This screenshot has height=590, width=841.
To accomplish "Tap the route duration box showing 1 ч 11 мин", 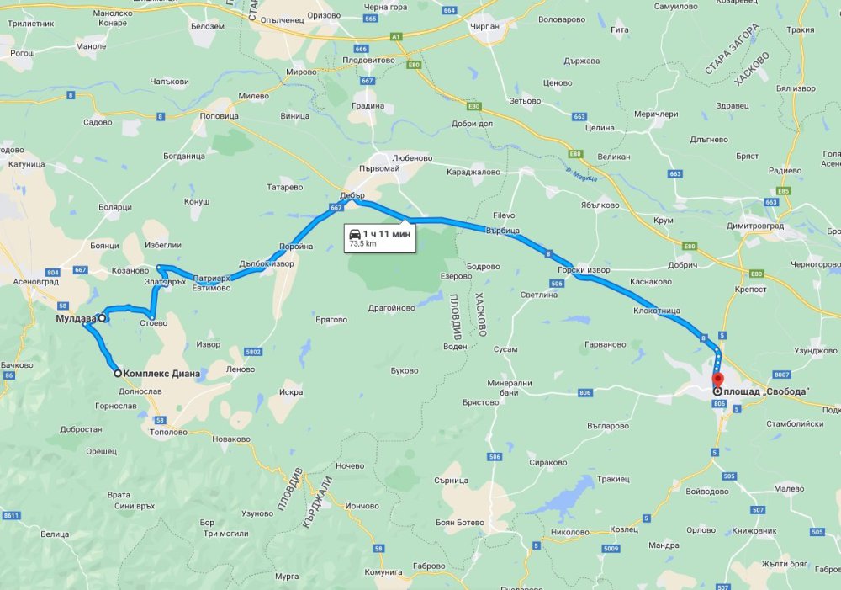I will coord(378,237).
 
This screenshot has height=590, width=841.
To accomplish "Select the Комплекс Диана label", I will coord(161,374).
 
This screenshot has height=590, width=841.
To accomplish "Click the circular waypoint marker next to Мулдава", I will coord(102,319).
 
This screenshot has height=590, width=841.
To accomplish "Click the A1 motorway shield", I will coord(394,36).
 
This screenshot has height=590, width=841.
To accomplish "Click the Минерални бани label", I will coord(509,388).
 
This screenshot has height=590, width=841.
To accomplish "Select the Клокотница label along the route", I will coord(657,311).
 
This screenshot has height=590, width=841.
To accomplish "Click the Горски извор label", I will coord(583,270).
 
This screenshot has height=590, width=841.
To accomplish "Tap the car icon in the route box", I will coord(355,233).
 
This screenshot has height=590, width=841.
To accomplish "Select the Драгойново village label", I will coord(391,307).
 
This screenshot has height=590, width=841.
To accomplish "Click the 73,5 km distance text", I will coord(362,244).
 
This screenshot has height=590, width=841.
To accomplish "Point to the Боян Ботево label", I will coord(460,522).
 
